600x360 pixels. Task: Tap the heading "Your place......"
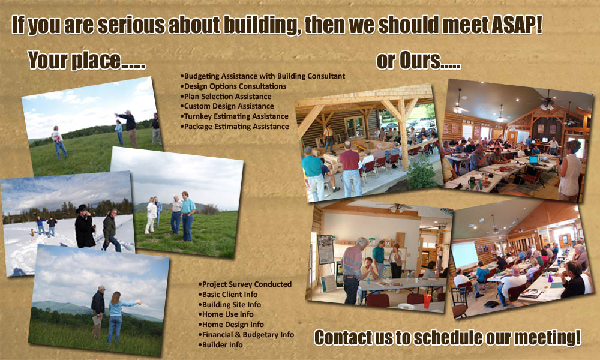86,61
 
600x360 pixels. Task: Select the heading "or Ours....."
418,61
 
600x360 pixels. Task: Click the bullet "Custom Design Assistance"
227,106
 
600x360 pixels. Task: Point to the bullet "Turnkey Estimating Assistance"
234,116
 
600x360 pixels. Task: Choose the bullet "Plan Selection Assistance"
226,97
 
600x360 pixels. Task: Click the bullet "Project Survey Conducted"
245,284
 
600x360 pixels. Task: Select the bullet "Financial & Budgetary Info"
246,335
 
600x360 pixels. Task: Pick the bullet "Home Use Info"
226,314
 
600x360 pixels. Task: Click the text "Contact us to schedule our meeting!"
448,337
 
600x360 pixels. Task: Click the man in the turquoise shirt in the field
187,216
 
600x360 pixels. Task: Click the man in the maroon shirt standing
350,169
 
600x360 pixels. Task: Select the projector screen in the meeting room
464,255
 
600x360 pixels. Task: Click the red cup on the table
427,301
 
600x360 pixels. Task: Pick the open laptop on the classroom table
534,160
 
